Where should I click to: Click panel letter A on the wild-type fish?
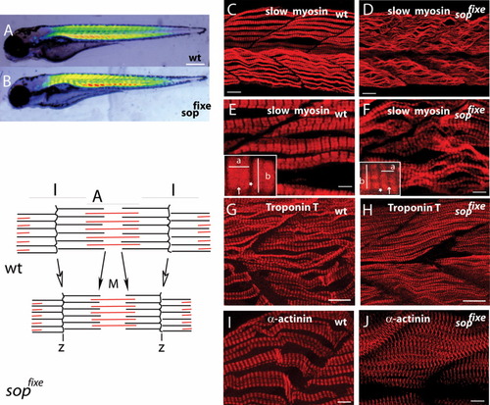[x=8, y=30]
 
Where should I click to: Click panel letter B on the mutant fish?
[x=7, y=81]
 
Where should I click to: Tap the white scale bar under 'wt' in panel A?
[x=195, y=64]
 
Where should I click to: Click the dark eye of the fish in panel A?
[x=13, y=46]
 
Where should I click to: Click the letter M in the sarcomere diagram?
[x=113, y=284]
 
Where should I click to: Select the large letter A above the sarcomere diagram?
[x=98, y=196]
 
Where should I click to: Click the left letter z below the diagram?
[x=62, y=347]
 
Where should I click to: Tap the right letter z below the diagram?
[x=162, y=347]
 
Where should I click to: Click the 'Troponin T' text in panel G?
[x=292, y=207]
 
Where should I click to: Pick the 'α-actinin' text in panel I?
[x=290, y=319]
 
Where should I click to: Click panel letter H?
[x=367, y=210]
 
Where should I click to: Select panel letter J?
[x=366, y=322]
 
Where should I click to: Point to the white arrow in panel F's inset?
[x=389, y=190]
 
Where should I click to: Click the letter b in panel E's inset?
[x=268, y=177]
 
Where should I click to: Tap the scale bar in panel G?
[x=339, y=299]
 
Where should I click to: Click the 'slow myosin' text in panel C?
[x=296, y=12]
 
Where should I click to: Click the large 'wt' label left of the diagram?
[x=14, y=269]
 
